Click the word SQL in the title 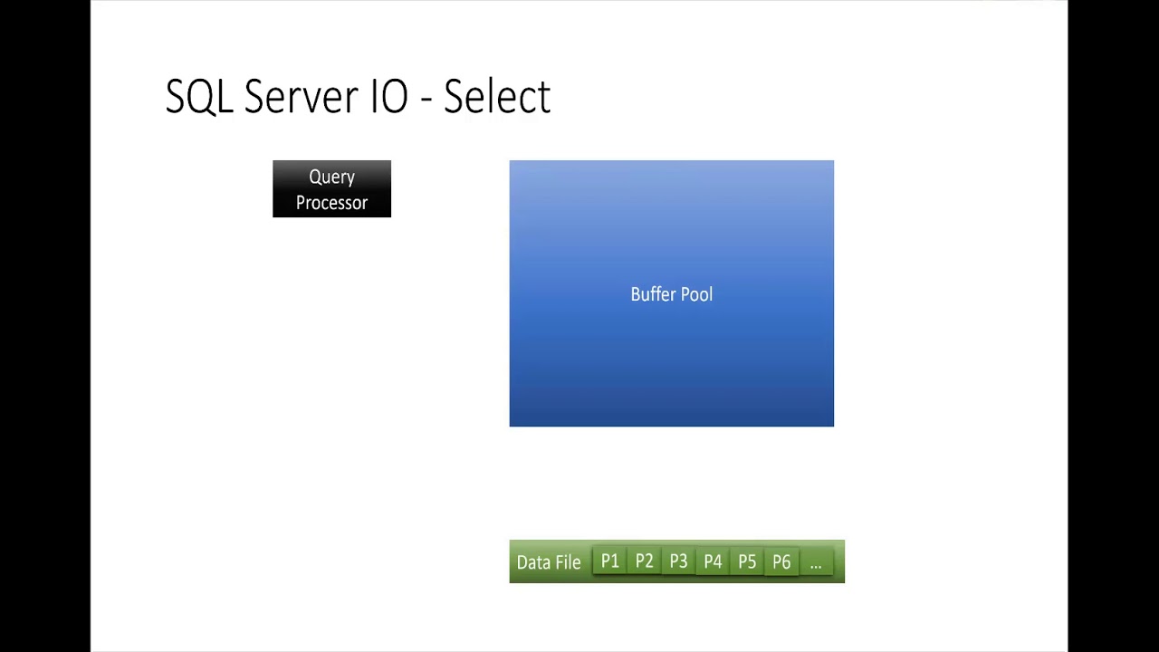coord(199,97)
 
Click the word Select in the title coord(496,97)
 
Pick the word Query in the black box coord(331,177)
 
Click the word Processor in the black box coord(331,203)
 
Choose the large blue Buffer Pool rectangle coord(671,362)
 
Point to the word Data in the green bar coord(533,562)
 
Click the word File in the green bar coord(568,562)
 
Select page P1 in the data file coord(609,561)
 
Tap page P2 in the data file coord(644,561)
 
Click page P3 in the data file coord(678,561)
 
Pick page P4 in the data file coord(713,561)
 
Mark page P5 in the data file coord(747,561)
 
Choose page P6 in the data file coord(781,561)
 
